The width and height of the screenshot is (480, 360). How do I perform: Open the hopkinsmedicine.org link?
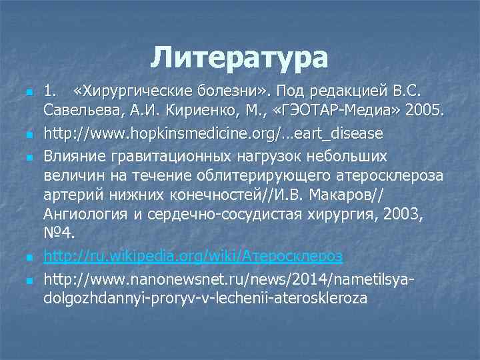(213, 133)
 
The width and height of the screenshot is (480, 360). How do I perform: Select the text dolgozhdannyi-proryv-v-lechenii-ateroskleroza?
(205, 298)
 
